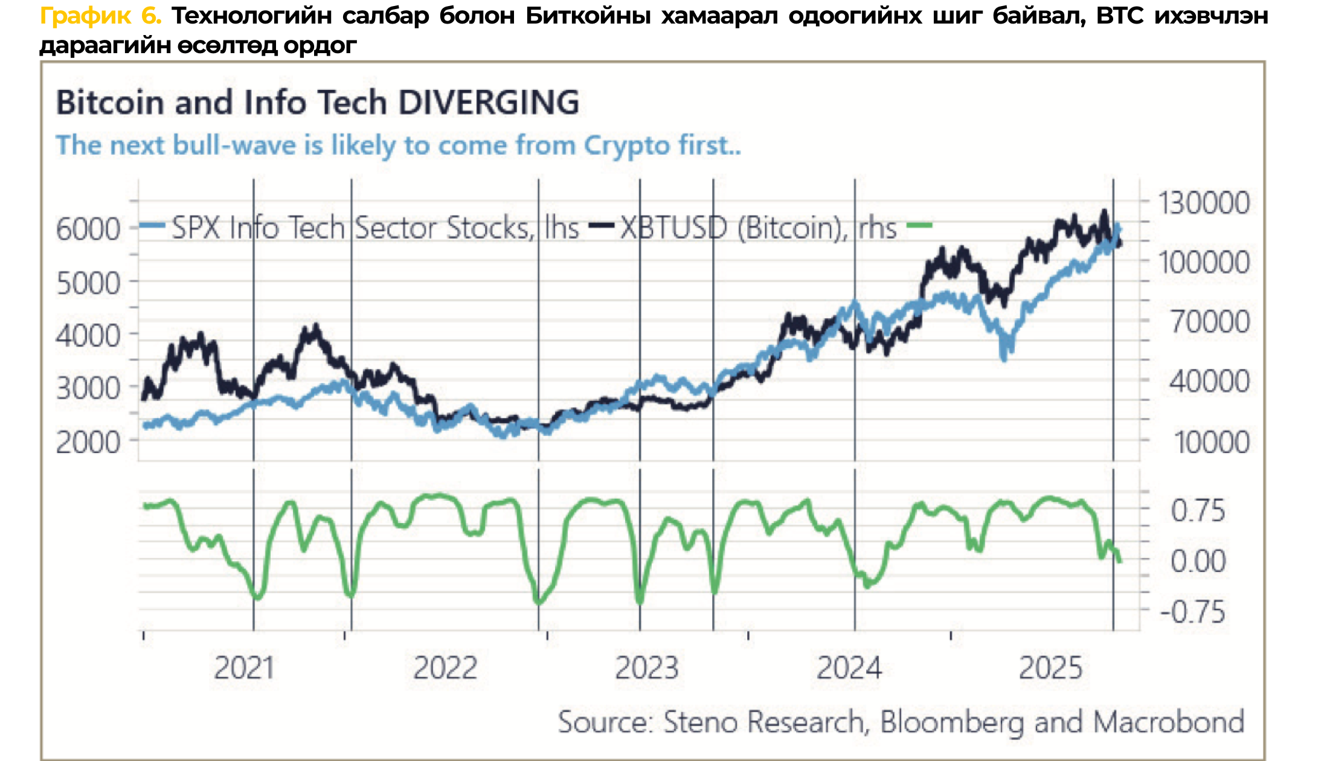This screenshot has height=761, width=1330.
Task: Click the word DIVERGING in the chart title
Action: click(489, 103)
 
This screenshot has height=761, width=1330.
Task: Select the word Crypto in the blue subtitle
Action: click(627, 146)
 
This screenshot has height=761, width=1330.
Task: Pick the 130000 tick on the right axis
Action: click(1203, 203)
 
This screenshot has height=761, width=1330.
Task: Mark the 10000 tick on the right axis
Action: click(1210, 442)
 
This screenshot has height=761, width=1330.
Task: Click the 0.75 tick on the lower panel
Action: click(1198, 511)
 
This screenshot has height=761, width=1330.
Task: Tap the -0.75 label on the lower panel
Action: click(1192, 612)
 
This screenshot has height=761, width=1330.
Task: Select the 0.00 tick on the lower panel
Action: click(1198, 561)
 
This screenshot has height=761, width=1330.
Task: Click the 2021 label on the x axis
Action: click(244, 668)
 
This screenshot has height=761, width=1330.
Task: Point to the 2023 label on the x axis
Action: click(647, 668)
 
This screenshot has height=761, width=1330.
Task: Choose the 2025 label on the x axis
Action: click(1050, 668)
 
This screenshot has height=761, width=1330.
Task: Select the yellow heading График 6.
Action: click(100, 16)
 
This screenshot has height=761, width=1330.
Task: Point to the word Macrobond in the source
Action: click(1169, 722)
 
